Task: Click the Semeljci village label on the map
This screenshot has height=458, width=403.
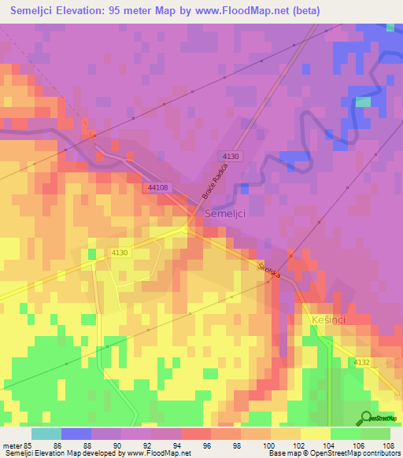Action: [226, 213]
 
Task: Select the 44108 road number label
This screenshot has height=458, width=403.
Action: [157, 187]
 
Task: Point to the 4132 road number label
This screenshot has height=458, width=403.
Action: [361, 362]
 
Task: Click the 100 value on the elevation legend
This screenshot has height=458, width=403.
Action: [270, 445]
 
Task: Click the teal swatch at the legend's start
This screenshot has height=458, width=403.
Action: [46, 434]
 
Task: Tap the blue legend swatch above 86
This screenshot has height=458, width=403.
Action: [76, 434]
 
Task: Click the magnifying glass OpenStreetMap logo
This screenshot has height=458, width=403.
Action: [366, 418]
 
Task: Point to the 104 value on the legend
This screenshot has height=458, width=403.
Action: [330, 445]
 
